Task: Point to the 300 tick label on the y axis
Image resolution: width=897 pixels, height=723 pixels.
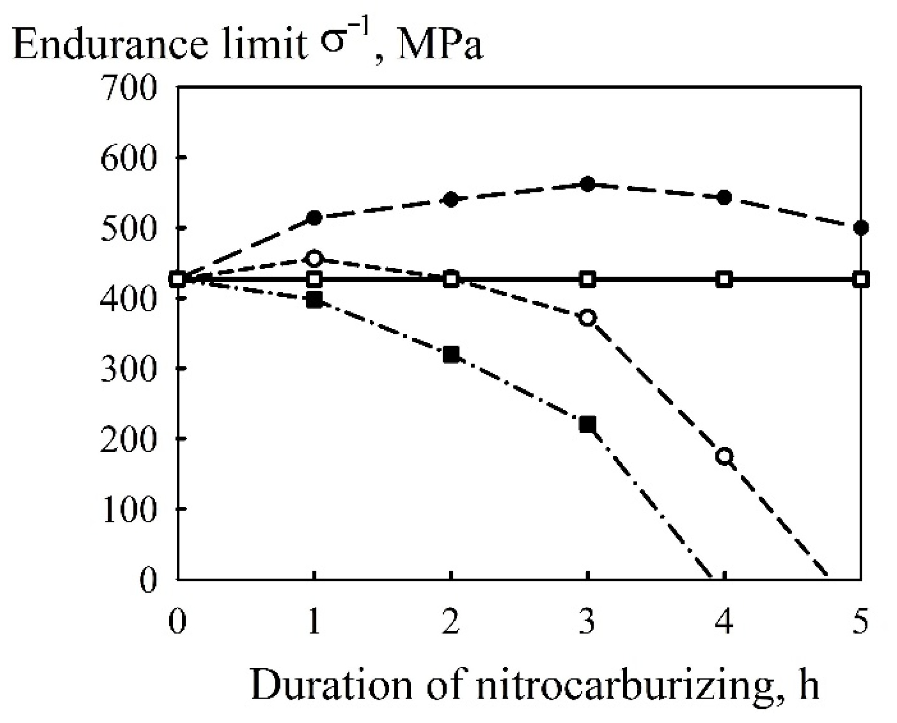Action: click(x=128, y=369)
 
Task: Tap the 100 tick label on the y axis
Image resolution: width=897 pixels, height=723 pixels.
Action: click(x=128, y=510)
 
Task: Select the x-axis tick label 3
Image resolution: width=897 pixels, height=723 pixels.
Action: click(x=587, y=622)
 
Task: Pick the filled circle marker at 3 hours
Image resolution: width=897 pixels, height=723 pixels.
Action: click(x=588, y=184)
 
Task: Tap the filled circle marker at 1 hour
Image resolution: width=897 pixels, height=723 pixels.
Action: click(x=314, y=218)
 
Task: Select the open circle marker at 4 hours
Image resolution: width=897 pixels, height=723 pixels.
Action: click(x=724, y=456)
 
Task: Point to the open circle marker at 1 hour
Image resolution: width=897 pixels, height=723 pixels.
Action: click(x=314, y=258)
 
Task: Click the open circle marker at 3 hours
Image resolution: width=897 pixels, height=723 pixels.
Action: click(x=588, y=317)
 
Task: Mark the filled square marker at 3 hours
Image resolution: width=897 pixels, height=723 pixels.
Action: click(x=588, y=424)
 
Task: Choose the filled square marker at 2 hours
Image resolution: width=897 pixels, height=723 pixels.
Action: click(x=451, y=354)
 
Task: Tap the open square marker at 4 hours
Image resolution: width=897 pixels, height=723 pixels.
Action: click(x=724, y=280)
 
